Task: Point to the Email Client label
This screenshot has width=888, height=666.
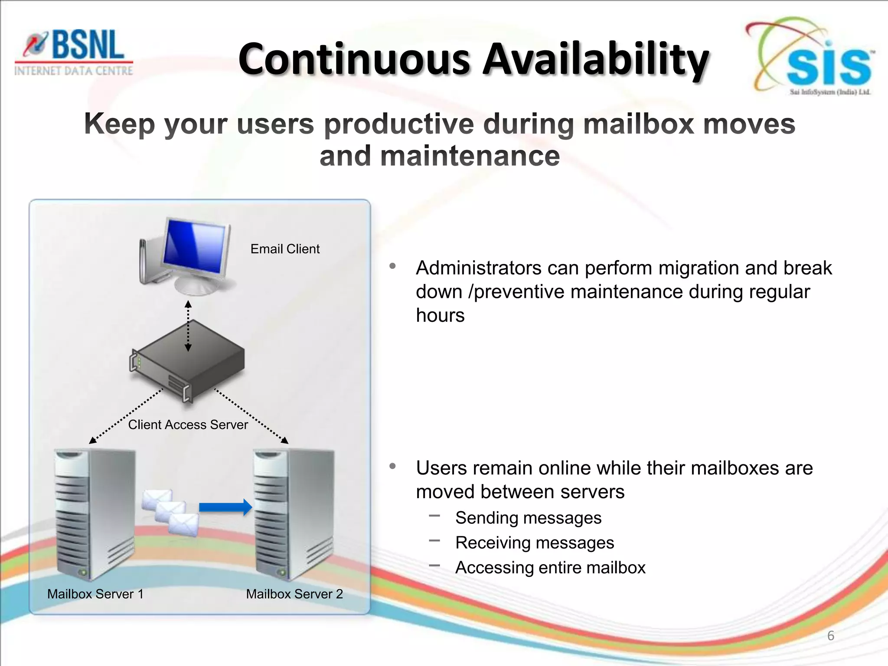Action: pyautogui.click(x=285, y=249)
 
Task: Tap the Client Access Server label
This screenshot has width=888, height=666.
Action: pyautogui.click(x=188, y=424)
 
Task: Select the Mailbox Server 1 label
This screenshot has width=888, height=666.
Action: pyautogui.click(x=95, y=594)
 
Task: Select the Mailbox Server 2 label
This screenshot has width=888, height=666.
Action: pyautogui.click(x=294, y=594)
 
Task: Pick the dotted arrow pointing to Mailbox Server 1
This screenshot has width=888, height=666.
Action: pyautogui.click(x=126, y=416)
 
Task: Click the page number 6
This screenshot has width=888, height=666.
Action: pyautogui.click(x=830, y=636)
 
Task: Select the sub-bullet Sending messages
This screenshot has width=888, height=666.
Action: pyautogui.click(x=528, y=518)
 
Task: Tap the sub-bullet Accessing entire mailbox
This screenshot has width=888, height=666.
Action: pyautogui.click(x=550, y=568)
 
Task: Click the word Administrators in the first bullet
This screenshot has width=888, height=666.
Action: pyautogui.click(x=479, y=268)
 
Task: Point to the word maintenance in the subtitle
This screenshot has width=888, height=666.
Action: pyautogui.click(x=470, y=156)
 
